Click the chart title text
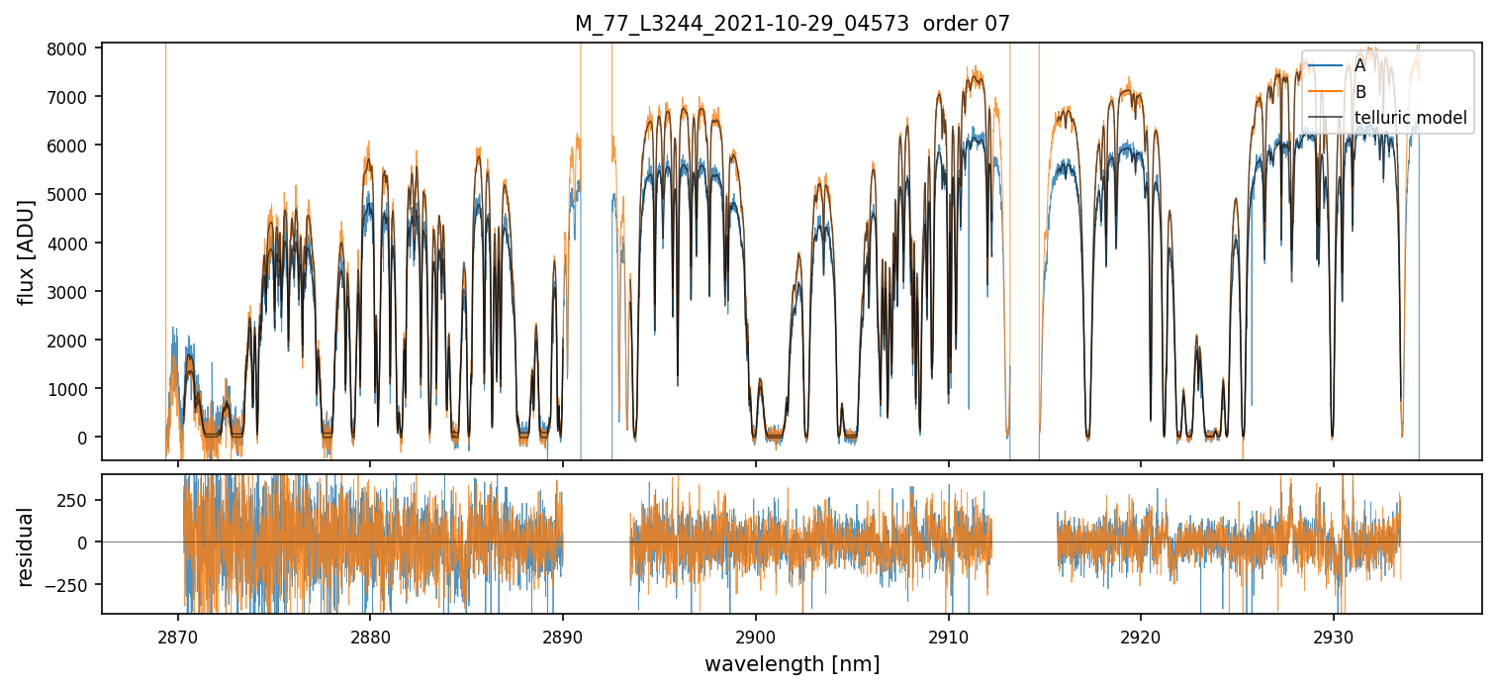(x=792, y=24)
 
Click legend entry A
(x=1359, y=65)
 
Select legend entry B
(x=1359, y=92)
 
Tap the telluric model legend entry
(x=1410, y=119)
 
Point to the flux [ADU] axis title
(x=28, y=251)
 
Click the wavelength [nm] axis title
(x=792, y=664)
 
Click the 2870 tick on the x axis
(x=178, y=634)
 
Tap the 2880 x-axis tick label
(x=370, y=634)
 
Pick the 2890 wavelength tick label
(x=563, y=634)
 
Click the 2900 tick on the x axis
(x=756, y=634)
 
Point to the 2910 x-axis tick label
(x=948, y=634)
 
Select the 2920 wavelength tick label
(x=1141, y=634)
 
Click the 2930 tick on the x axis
(x=1333, y=634)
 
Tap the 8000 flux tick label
(x=72, y=48)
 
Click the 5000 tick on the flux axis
(x=72, y=194)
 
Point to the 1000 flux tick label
(x=72, y=389)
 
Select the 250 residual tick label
(x=80, y=500)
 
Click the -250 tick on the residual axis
(x=76, y=584)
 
